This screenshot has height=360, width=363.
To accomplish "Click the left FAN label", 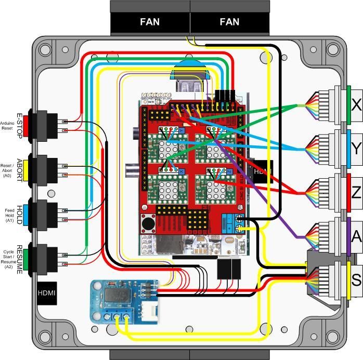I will (x=150, y=22).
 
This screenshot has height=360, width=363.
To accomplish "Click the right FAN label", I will (x=229, y=22).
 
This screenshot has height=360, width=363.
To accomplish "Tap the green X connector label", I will (x=356, y=105).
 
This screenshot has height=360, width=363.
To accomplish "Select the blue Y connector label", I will (x=356, y=149).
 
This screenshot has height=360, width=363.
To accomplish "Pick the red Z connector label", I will (x=356, y=193).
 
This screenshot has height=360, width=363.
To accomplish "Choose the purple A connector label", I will (x=356, y=236).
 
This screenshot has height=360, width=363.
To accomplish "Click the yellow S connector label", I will (x=356, y=281).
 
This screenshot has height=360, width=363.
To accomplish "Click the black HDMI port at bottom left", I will (x=46, y=293).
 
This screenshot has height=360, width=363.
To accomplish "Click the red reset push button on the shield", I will (x=148, y=225).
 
